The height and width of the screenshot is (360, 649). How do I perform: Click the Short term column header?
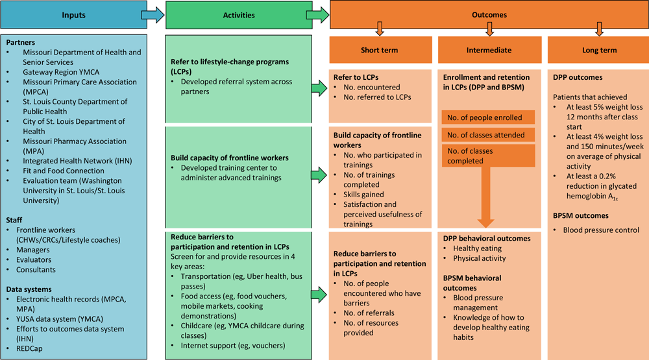click(380, 50)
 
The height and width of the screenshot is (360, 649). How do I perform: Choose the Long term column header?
click(598, 50)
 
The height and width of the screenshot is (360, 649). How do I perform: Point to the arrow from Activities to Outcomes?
click(318, 15)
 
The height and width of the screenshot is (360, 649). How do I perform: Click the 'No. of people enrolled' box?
click(488, 117)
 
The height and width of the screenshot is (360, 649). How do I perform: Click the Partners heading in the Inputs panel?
click(21, 42)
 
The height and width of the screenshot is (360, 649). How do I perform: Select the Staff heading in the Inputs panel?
click(15, 220)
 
